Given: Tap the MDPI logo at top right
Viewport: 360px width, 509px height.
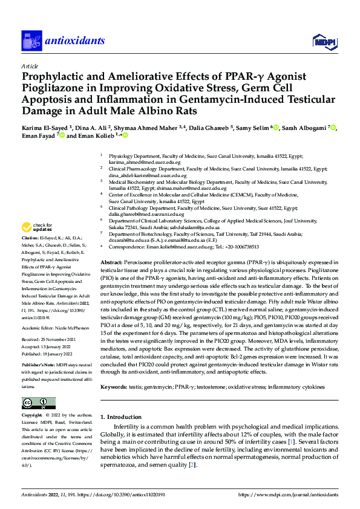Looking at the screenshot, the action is (x=324, y=41).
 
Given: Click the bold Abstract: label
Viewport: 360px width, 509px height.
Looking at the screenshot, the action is (x=113, y=256).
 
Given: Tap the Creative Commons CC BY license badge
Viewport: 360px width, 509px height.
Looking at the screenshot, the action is (x=39, y=403).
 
